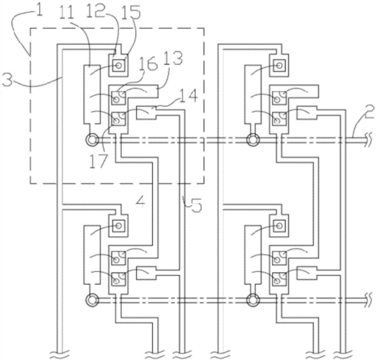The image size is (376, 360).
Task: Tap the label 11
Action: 66,14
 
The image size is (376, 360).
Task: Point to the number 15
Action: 131,13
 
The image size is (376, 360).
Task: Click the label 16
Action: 148,64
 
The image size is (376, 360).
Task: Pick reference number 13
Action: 174,58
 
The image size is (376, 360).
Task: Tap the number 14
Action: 189,96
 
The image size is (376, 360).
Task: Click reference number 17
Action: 98,161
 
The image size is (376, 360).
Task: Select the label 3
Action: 7,80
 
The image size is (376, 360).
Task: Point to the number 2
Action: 369,112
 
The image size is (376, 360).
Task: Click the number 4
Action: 141,202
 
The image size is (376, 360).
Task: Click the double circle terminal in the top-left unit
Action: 92,139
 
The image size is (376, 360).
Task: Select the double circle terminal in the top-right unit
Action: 253,139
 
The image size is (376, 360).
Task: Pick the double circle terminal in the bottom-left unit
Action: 92,300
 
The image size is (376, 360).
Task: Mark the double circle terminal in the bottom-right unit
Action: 253,300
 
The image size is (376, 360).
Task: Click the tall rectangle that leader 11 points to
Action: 92,94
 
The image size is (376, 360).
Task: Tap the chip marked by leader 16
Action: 118,98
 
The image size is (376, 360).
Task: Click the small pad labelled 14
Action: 146,113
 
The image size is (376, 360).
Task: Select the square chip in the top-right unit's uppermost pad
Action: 279,66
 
